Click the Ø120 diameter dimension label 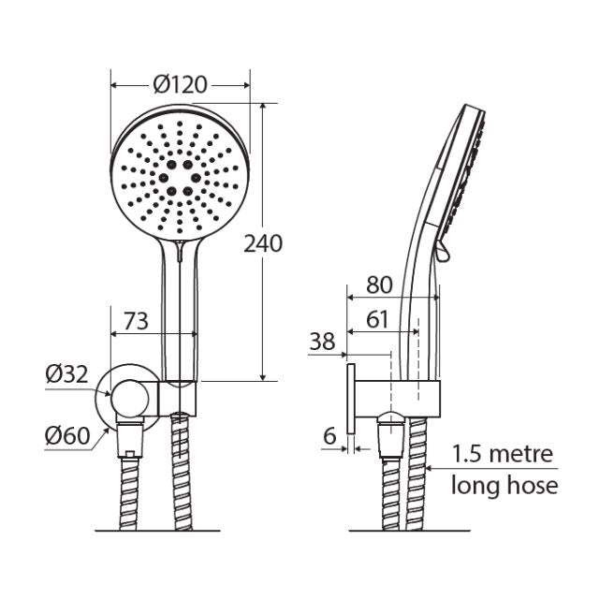pos(179,84)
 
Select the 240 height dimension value pos(262,243)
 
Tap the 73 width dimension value pos(136,321)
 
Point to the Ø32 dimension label pos(66,375)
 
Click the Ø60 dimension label pos(66,435)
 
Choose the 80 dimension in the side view pos(379,285)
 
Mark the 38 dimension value pos(322,343)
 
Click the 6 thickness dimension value pos(329,435)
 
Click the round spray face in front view pos(180,173)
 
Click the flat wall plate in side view pos(350,399)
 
